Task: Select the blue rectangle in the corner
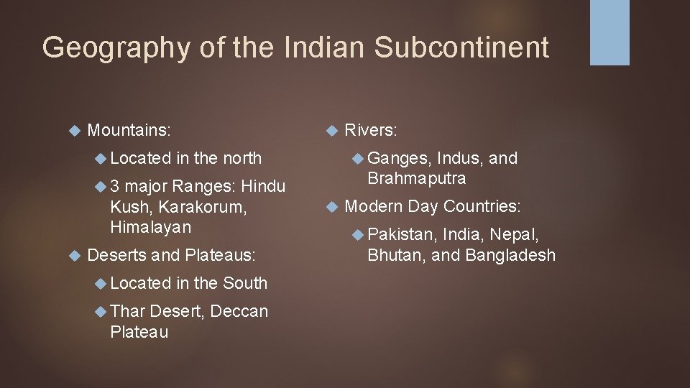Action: click(609, 32)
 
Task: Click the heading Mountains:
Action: click(129, 130)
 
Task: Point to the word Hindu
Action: click(263, 187)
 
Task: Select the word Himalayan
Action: click(151, 227)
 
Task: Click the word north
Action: click(242, 158)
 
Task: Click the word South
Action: click(245, 283)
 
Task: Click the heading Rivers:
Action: click(371, 130)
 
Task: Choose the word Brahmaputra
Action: click(417, 177)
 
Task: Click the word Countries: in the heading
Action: click(482, 206)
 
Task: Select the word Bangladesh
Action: click(510, 254)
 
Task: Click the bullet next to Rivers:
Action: click(331, 131)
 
